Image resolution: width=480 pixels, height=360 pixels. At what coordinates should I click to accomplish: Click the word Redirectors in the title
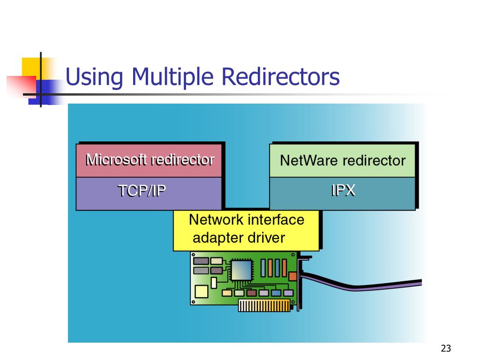[x=281, y=77]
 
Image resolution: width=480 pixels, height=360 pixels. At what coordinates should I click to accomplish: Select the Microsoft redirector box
[x=149, y=160]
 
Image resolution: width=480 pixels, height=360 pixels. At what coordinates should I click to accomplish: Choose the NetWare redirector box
[x=342, y=160]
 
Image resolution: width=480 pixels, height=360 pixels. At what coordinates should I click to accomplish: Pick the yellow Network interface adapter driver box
[x=246, y=230]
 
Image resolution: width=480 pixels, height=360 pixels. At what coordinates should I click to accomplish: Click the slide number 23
[x=445, y=348]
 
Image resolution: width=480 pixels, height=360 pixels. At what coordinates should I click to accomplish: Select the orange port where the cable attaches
[x=293, y=276]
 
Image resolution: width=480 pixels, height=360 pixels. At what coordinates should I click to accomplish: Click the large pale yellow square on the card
[x=201, y=291]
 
